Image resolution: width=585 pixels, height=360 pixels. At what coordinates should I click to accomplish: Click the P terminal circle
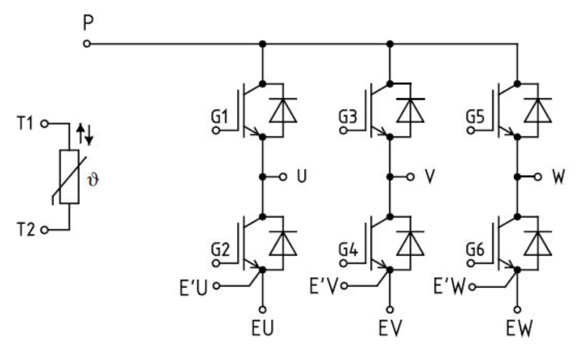[87, 44]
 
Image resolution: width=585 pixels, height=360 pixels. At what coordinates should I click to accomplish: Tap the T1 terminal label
[25, 123]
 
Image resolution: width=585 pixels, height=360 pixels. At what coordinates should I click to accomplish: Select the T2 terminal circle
[45, 230]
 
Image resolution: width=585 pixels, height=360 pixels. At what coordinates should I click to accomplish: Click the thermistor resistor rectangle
[69, 177]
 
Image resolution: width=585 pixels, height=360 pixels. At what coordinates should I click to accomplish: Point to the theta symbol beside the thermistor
[93, 180]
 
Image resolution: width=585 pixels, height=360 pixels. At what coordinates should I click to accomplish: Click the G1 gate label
[220, 116]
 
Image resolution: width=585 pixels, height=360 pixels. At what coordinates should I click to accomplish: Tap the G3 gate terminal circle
[343, 130]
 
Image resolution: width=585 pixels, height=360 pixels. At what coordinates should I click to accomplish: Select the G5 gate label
[475, 116]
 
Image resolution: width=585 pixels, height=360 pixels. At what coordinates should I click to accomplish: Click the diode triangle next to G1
[283, 111]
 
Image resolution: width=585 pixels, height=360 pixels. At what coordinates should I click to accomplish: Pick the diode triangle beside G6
[538, 244]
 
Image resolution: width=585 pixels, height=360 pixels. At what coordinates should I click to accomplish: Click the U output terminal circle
[283, 177]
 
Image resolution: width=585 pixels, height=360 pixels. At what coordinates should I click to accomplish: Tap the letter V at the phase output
[430, 176]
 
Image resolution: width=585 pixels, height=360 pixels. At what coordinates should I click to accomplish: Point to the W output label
[559, 176]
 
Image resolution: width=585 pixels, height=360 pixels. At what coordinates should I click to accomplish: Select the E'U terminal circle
[217, 286]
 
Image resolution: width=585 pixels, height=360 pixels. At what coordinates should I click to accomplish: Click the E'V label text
[324, 286]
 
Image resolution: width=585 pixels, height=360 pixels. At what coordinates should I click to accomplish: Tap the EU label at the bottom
[262, 328]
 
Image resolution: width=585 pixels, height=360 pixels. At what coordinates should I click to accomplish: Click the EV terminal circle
[390, 310]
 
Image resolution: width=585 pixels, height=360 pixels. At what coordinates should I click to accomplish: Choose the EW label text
[519, 328]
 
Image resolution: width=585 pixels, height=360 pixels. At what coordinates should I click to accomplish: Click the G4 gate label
[348, 249]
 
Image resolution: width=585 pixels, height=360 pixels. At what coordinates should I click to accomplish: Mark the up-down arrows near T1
[85, 134]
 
